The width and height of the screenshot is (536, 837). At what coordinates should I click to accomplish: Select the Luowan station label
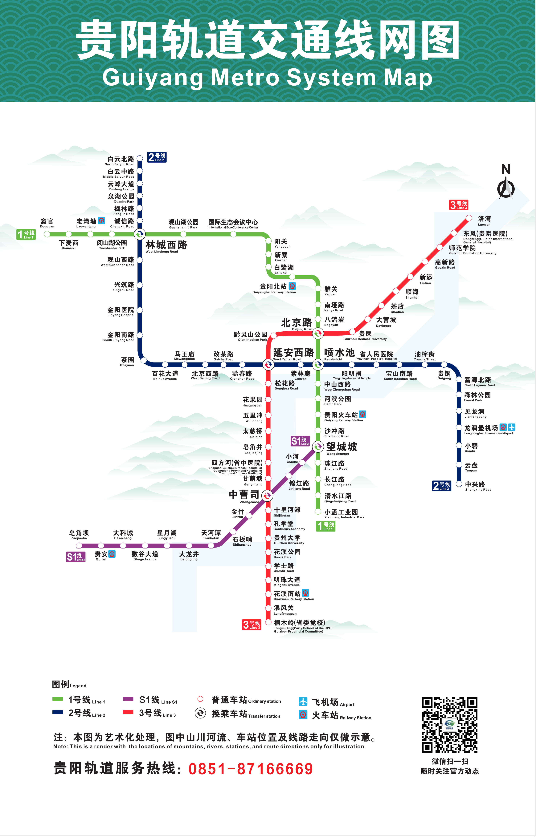point(484,220)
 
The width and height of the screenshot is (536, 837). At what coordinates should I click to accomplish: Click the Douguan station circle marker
point(47,234)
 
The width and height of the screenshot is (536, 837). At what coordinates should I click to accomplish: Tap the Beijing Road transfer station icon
point(318,333)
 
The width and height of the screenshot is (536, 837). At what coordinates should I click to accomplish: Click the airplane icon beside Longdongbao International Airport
point(512,427)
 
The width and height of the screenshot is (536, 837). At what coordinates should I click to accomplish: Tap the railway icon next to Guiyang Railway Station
point(363,414)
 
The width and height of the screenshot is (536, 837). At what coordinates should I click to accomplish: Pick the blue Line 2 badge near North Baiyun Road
point(157,157)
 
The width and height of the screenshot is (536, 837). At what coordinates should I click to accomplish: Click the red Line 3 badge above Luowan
point(459,205)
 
